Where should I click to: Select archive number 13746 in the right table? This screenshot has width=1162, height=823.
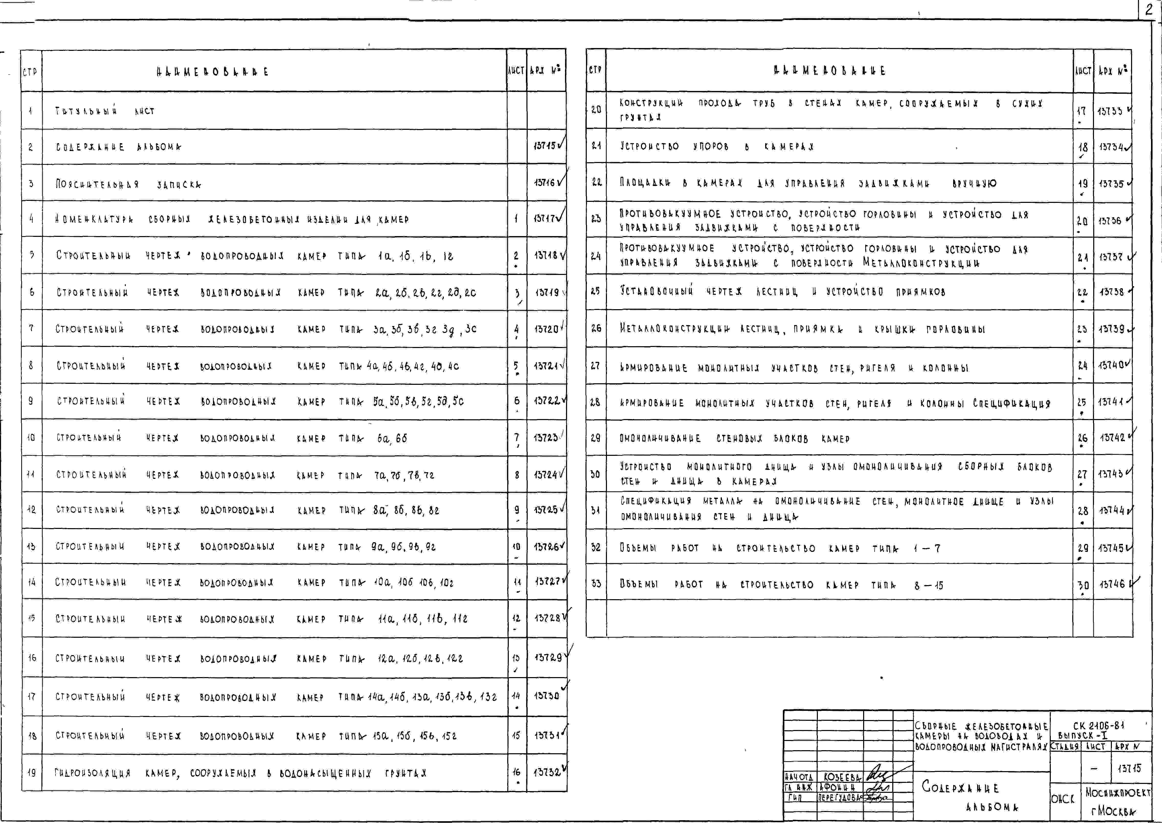[1112, 584]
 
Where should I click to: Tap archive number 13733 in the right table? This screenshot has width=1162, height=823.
[1110, 110]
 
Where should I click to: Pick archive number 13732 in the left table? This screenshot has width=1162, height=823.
[547, 772]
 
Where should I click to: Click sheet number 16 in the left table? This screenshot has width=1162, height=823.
[516, 772]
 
